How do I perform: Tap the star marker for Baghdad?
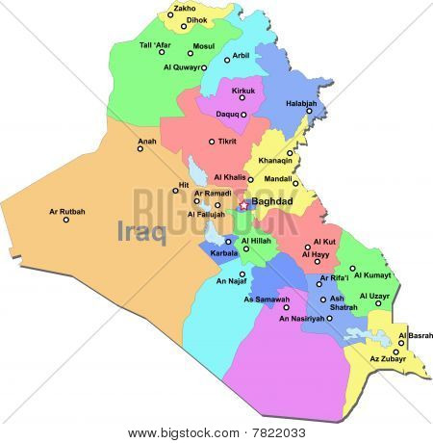click(x=244, y=204)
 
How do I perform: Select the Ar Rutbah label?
click(x=66, y=211)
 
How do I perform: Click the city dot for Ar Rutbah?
click(x=66, y=221)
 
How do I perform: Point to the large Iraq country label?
click(x=141, y=231)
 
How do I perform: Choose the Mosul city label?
click(x=203, y=45)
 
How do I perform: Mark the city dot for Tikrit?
click(x=213, y=142)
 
